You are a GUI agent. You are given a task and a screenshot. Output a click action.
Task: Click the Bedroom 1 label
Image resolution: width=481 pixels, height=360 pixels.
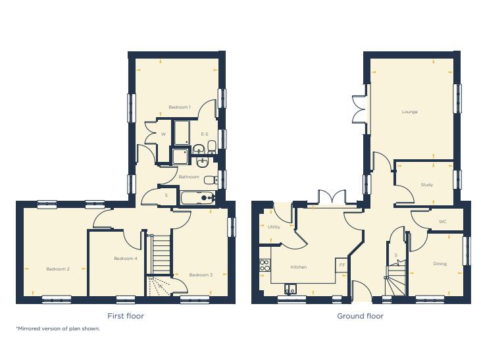pos(179,107)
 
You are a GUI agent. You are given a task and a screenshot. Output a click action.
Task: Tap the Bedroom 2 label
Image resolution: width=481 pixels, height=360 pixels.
pos(58,269)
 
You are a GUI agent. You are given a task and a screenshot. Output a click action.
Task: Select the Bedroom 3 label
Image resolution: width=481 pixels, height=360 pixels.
pos(201,274)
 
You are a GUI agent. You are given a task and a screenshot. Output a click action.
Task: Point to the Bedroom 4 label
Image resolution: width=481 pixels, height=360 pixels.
pos(125,259)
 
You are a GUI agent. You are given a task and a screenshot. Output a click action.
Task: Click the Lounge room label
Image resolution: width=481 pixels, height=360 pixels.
pos(410,112)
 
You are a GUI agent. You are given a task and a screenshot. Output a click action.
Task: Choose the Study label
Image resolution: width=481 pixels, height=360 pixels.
pos(426,185)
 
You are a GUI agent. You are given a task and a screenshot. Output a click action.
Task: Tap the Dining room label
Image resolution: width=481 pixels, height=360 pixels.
pos(440,264)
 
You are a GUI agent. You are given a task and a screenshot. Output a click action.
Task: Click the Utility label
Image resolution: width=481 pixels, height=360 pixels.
pos(274,227)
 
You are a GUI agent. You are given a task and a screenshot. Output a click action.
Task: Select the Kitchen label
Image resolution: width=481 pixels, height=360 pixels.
pos(299,267)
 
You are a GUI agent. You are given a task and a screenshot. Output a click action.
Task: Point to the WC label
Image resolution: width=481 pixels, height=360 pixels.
pos(442,222)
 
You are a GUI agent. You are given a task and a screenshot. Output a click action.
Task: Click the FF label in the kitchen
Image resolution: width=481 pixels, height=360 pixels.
pos(341,265)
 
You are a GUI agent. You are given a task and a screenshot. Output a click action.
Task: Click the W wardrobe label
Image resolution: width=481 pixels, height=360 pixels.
pos(163,134)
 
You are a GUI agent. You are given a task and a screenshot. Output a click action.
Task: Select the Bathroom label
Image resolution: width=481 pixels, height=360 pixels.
pos(189,177)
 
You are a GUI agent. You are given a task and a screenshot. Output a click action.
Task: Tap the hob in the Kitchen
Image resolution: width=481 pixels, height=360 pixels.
pos(265,265)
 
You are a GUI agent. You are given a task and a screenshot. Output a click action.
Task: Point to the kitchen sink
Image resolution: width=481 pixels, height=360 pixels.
pos(290,288)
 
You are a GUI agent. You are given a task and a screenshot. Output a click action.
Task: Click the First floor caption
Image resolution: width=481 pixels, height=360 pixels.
pos(126,316)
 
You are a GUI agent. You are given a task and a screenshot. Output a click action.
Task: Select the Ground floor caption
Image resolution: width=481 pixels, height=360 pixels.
pos(360,316)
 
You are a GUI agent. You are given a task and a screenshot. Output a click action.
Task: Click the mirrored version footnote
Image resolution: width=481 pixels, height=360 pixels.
pos(58,328)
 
